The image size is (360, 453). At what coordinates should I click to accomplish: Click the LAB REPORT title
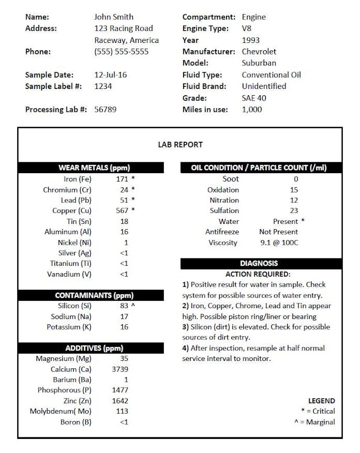(180, 144)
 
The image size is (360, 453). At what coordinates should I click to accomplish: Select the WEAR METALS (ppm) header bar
(91, 168)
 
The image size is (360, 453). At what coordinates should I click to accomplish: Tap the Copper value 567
(122, 210)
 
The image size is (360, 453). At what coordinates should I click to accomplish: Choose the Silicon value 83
(124, 305)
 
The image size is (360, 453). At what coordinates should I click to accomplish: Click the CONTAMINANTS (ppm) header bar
(91, 295)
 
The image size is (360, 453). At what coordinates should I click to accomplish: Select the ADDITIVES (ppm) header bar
(91, 348)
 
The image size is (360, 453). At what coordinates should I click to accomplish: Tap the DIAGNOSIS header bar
(259, 263)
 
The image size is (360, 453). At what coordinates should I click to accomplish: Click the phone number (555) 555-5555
(121, 51)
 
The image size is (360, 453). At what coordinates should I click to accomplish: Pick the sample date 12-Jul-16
(110, 74)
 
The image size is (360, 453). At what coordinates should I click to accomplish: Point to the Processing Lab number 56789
(105, 109)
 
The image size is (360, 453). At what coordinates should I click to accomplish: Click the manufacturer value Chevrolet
(259, 51)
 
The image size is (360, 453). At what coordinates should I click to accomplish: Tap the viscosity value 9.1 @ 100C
(279, 242)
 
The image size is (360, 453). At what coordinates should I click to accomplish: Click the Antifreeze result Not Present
(278, 232)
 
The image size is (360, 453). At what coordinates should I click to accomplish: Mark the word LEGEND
(321, 401)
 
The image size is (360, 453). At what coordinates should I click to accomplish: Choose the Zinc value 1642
(120, 401)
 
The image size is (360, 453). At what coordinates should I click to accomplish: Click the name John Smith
(114, 17)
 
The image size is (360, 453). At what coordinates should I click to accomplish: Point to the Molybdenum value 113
(121, 411)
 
